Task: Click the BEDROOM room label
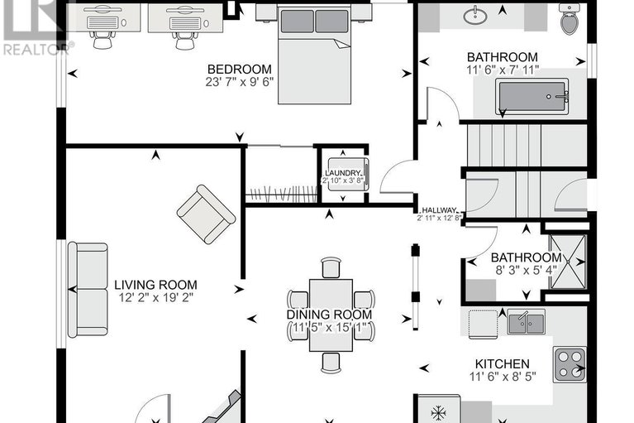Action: pos(239,69)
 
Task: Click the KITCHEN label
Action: pos(502,364)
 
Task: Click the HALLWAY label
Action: pos(439,210)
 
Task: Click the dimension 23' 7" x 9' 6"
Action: pos(239,82)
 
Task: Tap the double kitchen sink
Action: pos(524,321)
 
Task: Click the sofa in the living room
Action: pos(87,289)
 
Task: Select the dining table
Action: pos(330,315)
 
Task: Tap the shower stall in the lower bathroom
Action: pos(566,261)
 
